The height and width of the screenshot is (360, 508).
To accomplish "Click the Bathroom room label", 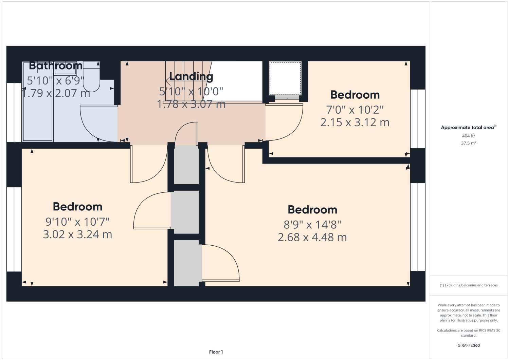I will point(56,65).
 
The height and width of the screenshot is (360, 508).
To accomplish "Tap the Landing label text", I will point(191,77).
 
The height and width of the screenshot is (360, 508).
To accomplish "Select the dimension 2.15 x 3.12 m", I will point(355,122).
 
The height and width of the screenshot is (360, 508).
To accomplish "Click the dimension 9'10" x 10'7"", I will point(77,222).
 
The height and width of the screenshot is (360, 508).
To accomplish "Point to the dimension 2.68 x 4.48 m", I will point(312,238).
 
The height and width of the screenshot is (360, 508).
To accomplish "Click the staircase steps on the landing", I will point(185,81).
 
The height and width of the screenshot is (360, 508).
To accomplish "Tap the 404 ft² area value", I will point(469,136).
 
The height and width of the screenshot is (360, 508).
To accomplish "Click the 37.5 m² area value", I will point(469,143).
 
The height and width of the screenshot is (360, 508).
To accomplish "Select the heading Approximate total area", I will point(468,128).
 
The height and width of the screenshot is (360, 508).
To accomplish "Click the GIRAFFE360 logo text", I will point(469,345).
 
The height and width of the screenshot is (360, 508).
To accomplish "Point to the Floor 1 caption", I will point(216,352).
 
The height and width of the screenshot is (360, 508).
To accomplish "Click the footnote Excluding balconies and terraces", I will point(469,285).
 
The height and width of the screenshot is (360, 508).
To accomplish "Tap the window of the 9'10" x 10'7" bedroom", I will point(14,229).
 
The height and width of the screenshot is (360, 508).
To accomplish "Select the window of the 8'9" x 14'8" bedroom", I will point(418,227).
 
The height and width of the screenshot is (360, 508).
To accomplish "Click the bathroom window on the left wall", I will point(14,112).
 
